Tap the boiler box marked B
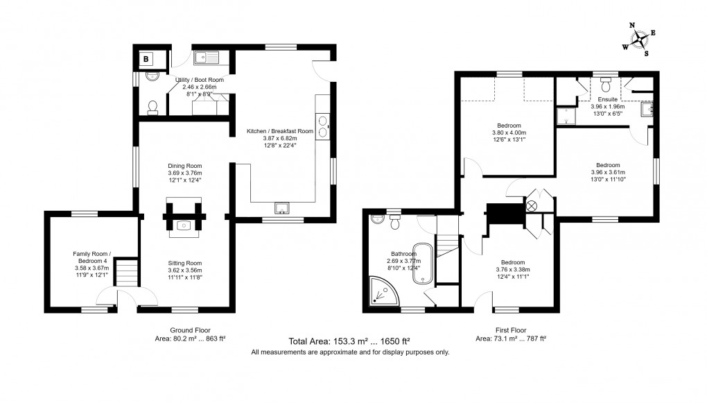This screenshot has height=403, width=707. point(146,59)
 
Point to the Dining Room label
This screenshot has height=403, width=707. point(184,166)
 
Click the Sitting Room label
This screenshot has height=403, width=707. point(184,263)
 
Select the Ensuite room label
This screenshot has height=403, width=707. point(607,100)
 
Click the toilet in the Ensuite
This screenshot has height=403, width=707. point(606,83)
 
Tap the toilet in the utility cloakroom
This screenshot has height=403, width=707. point(153,106)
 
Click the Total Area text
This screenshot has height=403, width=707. point(349,341)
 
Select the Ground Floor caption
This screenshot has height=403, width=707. point(190,330)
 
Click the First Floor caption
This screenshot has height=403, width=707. point(510,330)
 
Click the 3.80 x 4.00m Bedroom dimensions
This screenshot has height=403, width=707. point(509,132)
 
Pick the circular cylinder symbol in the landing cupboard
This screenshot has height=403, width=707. point(532,206)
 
